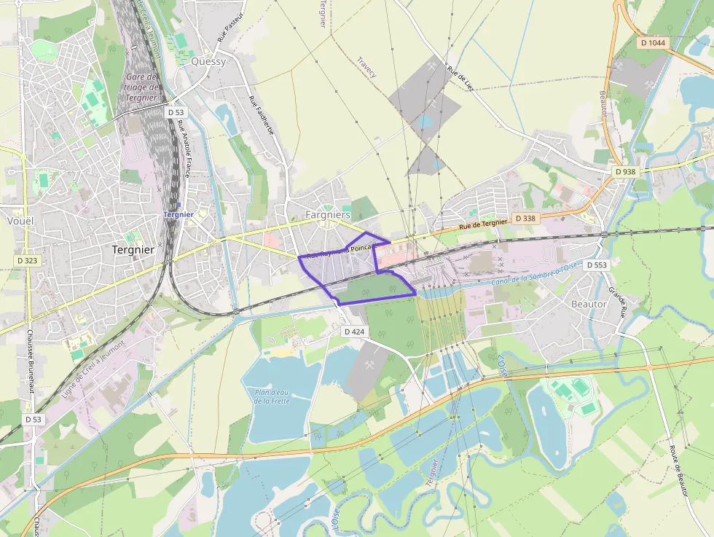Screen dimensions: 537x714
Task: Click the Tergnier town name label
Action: click(133, 249)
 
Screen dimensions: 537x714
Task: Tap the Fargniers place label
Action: click(328, 215)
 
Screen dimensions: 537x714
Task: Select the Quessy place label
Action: click(208, 61)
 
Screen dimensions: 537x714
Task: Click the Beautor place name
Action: click(589, 303)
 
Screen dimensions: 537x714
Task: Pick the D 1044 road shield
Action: click(652, 43)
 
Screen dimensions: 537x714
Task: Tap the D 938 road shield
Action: click(625, 172)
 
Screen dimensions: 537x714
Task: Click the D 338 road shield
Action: click(525, 219)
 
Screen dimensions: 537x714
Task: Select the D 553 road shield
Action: click(596, 265)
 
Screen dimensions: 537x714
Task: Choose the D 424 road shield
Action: click(355, 332)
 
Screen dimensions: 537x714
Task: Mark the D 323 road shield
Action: click(27, 260)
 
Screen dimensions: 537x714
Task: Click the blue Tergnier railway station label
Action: click(178, 215)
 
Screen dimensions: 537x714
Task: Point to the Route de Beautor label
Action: click(679, 470)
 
